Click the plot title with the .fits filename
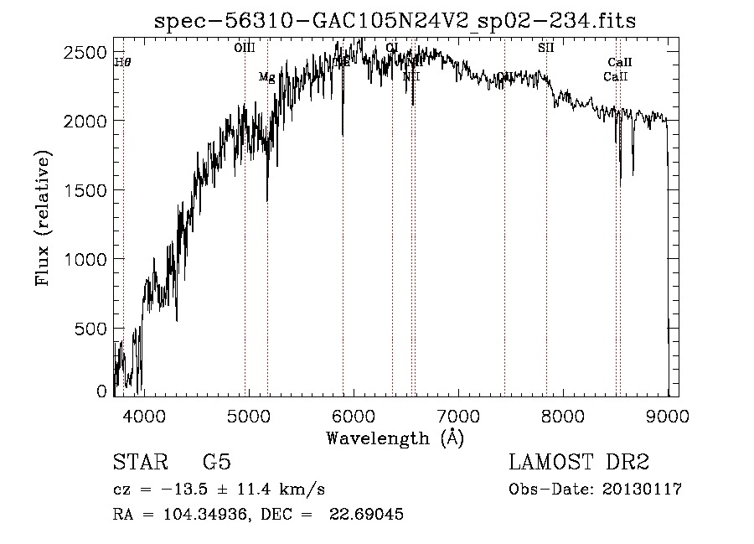(395, 22)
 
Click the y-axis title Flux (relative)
(43, 219)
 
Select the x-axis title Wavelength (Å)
(395, 438)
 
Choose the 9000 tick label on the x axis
(668, 415)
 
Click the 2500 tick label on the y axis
(87, 52)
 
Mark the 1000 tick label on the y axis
(87, 260)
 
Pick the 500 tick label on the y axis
(92, 329)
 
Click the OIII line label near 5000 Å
(245, 48)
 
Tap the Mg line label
(266, 77)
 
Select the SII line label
(545, 48)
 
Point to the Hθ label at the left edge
(122, 62)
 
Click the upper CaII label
(619, 63)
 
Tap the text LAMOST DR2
(579, 463)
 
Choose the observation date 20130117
(641, 490)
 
